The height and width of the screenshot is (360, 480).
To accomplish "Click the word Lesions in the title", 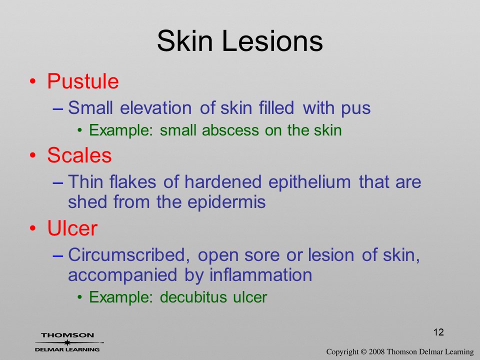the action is point(272,40).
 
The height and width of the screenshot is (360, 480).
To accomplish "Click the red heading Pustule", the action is point(83,81).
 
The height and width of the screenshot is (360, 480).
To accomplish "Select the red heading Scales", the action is point(79,155).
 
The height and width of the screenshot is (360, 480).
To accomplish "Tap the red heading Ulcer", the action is point(72,228).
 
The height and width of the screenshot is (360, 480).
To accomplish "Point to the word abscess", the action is point(230,130).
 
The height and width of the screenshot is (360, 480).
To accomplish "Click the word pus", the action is point(356,109).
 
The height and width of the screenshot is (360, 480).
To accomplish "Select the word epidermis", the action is point(226,202).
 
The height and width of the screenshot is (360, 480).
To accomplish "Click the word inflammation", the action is point(260,274).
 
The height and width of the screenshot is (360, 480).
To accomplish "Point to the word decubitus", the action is point(193,297).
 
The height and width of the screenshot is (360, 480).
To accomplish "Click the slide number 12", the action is point(438,332).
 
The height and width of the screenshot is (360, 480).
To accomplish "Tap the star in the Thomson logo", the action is point(67,342).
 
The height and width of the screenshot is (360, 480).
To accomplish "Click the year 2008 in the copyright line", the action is point(376,352).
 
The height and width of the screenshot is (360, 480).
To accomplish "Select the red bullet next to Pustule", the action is point(33,81).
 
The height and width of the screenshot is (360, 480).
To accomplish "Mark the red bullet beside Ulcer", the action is point(33,228).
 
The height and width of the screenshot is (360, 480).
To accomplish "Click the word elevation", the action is point(156,108).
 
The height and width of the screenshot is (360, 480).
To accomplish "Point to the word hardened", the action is point(223,182).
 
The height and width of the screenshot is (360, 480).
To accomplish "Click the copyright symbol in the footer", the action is point(363,352).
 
